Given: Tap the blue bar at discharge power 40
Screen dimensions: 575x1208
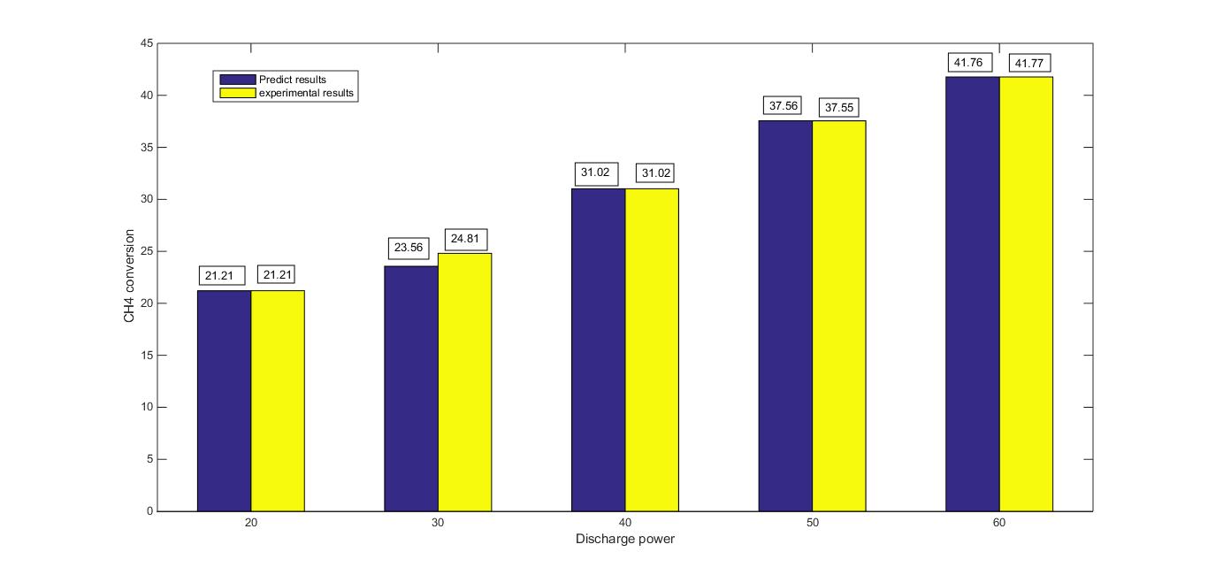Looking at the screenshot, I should tap(598, 349).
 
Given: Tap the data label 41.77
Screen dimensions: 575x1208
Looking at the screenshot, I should tap(1026, 63).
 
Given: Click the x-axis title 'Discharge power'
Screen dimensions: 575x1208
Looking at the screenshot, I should tap(624, 539).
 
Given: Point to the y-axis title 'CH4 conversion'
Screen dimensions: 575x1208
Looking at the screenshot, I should tap(129, 276).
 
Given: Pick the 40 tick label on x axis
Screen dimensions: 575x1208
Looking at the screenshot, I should tap(624, 523).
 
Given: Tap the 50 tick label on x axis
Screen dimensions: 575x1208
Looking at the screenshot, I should tap(812, 523).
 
